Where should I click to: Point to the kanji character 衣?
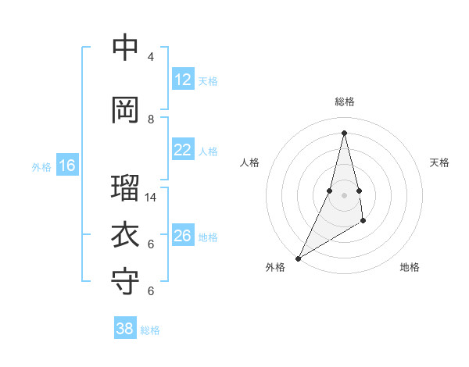point(125,234)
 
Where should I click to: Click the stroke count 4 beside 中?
point(151,57)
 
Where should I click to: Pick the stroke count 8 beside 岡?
point(151,119)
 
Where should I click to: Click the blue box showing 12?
point(183,80)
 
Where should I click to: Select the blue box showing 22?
point(183,150)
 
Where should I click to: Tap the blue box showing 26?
point(183,236)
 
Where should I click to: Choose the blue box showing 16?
point(67,166)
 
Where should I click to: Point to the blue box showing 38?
point(125,329)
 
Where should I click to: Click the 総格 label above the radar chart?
point(344,102)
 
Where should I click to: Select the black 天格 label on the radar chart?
point(440,162)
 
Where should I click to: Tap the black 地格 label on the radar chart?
point(410,267)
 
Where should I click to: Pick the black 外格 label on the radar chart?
point(275,267)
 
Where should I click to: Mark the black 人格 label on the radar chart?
point(249,162)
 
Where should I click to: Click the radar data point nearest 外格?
point(298,258)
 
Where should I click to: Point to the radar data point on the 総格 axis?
point(344,133)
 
